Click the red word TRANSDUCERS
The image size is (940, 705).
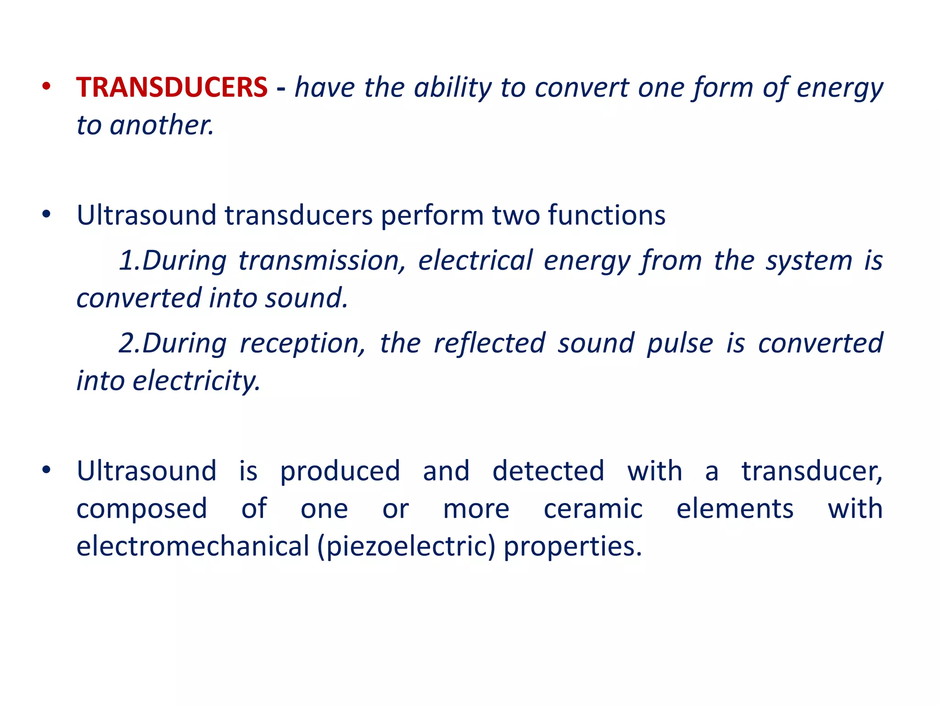coord(172,87)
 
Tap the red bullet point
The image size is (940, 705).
coord(46,86)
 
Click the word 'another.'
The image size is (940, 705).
coord(162,125)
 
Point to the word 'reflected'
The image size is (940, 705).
coord(489,343)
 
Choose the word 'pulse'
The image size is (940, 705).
coord(680,343)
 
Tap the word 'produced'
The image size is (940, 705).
coord(340,471)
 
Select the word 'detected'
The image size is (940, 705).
coord(548,471)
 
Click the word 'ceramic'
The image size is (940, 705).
coord(593,509)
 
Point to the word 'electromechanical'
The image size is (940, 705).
coord(193,546)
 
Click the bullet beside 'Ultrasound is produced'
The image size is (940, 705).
coord(46,470)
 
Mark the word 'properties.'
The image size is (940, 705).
coord(573,546)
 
